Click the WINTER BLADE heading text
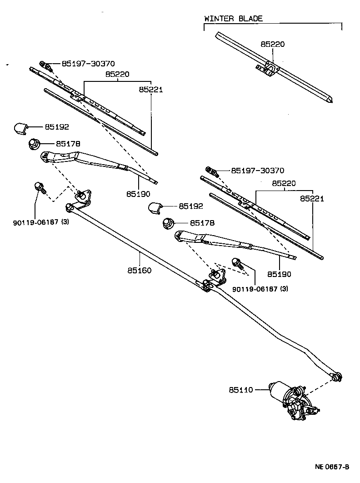233,19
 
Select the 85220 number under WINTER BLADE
272,44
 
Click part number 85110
240,390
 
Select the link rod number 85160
139,270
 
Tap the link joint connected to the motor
337,376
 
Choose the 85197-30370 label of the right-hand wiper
257,171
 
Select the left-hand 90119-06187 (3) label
41,222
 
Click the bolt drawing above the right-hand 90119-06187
236,263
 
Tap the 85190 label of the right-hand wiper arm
279,274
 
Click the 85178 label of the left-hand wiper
68,143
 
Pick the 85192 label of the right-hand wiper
190,206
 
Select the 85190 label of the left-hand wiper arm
138,194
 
